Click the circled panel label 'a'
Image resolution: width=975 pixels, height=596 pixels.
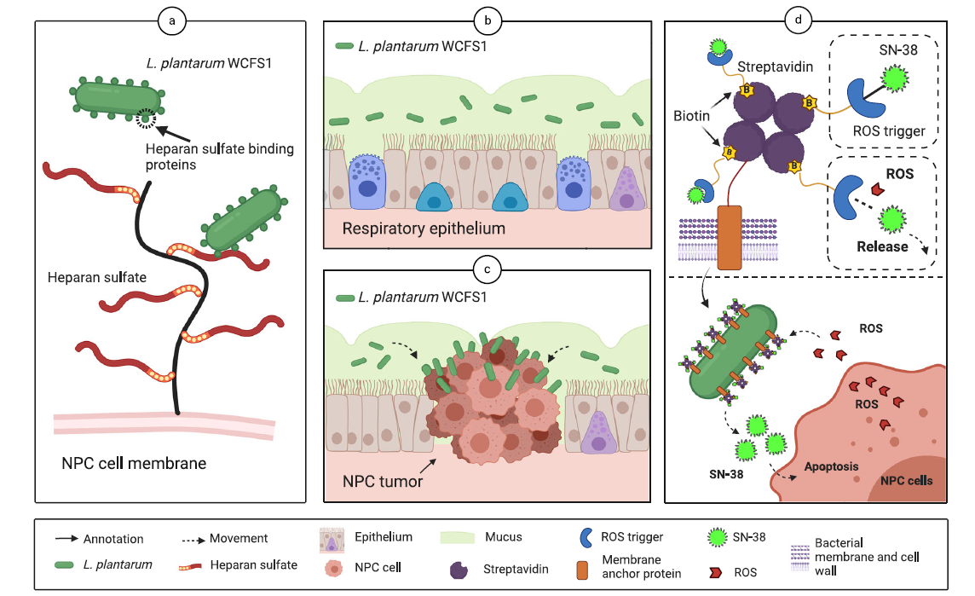point(172,21)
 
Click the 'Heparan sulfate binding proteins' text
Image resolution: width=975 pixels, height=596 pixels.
point(219,157)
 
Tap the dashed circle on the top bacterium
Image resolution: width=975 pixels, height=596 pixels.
point(147,119)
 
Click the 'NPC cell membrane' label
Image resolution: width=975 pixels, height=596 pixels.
point(134,464)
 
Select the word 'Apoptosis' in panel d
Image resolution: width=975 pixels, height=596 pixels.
point(832,466)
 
